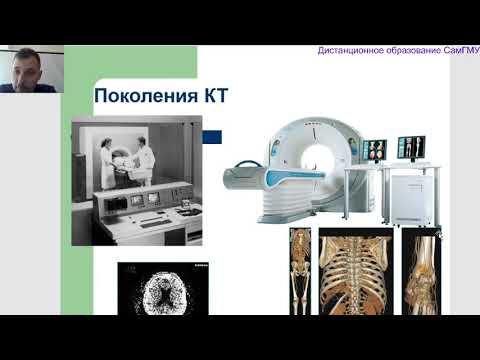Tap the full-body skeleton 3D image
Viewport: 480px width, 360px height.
300,270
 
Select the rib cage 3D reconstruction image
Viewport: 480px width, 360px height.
355,270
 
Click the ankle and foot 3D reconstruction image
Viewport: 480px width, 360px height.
420,270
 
